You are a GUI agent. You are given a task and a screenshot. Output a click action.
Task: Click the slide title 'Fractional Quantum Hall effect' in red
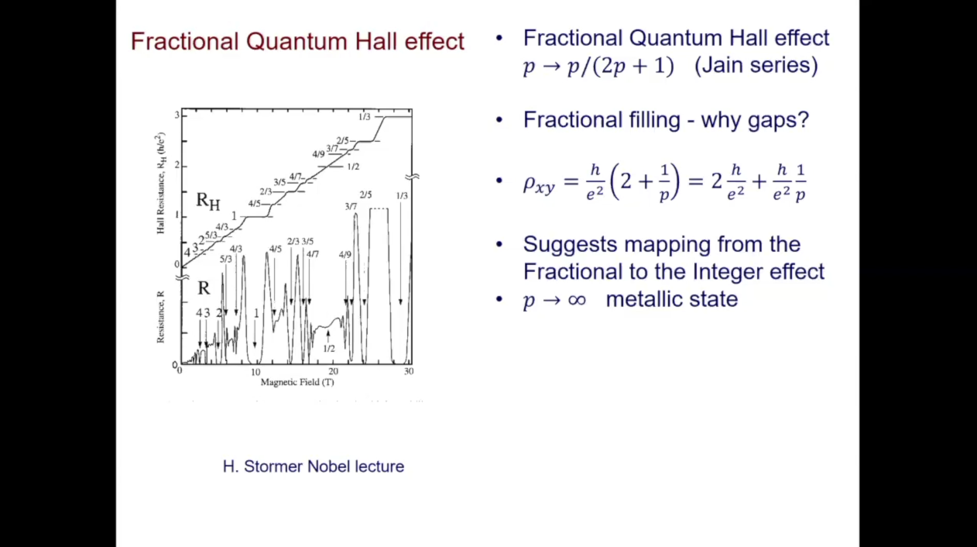[x=297, y=41]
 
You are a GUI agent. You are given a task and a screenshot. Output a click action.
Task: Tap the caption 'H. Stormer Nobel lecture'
[x=313, y=466]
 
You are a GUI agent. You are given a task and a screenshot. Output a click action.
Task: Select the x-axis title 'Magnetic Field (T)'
[x=297, y=382]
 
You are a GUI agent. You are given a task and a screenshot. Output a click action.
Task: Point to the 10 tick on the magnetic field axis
[x=255, y=372]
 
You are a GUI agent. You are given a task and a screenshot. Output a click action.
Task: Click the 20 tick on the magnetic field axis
[x=334, y=372]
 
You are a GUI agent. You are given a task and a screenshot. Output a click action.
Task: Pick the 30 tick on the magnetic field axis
[x=409, y=372]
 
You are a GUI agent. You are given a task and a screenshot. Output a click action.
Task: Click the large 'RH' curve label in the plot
[x=207, y=201]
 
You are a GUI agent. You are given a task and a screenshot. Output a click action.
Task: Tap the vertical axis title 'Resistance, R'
[x=160, y=317]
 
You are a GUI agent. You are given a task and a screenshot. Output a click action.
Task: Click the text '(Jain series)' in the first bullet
[x=756, y=66]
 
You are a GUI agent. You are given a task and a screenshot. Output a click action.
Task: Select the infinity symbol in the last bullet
[x=576, y=300]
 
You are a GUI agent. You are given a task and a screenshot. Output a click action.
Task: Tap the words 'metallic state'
[x=671, y=299]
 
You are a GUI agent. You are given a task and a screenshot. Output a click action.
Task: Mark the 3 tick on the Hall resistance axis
[x=177, y=115]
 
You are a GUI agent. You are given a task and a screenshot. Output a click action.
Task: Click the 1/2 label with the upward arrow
[x=328, y=348]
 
